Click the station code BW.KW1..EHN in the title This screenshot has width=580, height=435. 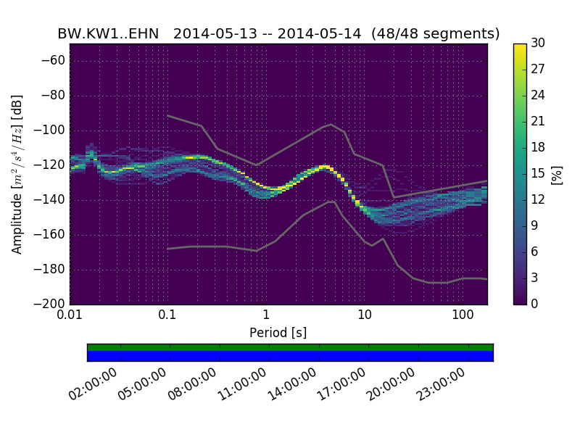[x=108, y=33]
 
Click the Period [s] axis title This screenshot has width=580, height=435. [x=278, y=333]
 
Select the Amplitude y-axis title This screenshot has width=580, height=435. [x=17, y=174]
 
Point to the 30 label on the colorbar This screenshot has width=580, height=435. [x=539, y=43]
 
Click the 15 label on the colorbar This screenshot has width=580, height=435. [x=539, y=173]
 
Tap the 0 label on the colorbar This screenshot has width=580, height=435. [x=535, y=304]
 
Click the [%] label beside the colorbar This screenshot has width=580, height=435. [x=557, y=174]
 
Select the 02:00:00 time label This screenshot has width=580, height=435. [x=93, y=384]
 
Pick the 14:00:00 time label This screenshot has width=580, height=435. [x=291, y=384]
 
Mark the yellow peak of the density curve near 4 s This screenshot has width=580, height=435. [x=323, y=167]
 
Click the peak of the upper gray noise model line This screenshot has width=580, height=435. [x=331, y=124]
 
